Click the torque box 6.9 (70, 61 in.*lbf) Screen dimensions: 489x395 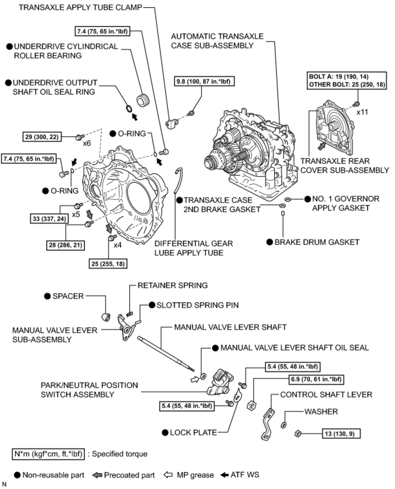coord(316,379)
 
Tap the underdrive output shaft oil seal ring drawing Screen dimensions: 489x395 coord(129,108)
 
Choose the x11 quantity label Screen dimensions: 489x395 coord(362,112)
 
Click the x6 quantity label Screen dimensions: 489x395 coord(87,143)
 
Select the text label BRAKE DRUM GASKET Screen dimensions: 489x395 coord(317,242)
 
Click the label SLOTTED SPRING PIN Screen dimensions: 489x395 coord(197,305)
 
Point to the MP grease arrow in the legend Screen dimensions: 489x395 coord(168,475)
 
